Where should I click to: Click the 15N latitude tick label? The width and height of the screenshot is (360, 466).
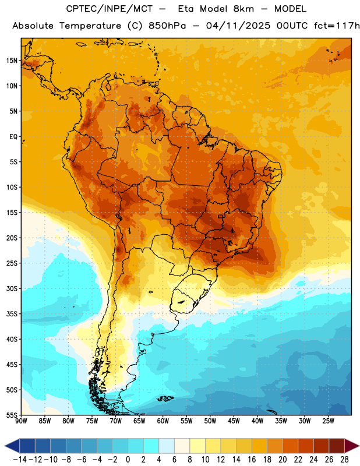click(12, 61)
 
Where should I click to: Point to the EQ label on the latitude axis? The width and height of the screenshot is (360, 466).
click(13, 137)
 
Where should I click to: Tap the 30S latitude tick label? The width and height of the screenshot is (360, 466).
click(12, 288)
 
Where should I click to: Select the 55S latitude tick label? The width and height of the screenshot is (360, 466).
click(12, 415)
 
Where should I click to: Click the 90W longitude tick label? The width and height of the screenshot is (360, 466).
click(21, 421)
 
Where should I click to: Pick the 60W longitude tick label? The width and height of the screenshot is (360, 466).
click(163, 421)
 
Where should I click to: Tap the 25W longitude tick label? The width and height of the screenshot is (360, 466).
click(328, 421)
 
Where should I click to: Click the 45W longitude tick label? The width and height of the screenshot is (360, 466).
click(234, 421)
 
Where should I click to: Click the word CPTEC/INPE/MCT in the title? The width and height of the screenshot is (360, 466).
click(109, 9)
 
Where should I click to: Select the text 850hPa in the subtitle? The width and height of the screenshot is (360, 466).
click(167, 26)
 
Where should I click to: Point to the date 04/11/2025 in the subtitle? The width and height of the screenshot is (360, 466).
click(238, 26)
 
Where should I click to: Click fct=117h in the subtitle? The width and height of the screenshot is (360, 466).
click(337, 26)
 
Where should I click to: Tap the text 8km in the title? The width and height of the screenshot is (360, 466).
click(243, 9)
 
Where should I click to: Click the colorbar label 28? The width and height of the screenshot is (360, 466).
click(344, 460)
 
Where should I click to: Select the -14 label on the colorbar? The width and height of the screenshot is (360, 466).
click(20, 460)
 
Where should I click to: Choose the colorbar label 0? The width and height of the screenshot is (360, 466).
click(128, 460)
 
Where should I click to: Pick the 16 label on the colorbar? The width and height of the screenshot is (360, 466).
click(252, 460)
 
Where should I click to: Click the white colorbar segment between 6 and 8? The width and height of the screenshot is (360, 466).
click(182, 446)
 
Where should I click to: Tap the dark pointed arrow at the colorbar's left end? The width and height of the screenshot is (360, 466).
click(12, 446)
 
